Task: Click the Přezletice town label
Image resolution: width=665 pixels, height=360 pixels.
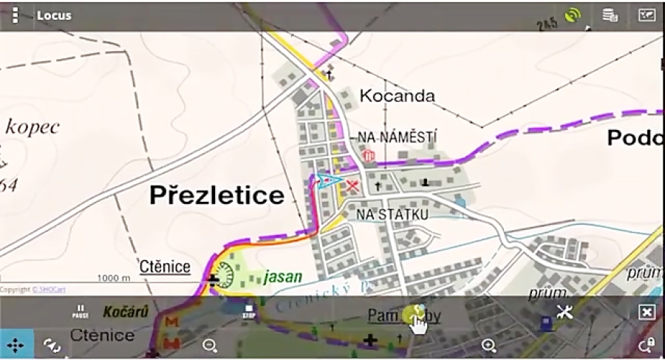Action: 216,195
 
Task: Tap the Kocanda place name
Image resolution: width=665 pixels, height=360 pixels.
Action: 397,95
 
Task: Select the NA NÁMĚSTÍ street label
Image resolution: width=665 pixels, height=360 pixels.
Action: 397,137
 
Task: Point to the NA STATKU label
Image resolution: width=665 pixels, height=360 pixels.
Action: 392,214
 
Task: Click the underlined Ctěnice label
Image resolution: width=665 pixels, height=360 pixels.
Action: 165,267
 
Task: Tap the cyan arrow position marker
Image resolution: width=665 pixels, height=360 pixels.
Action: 326,180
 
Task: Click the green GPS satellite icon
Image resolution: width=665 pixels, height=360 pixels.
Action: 572,15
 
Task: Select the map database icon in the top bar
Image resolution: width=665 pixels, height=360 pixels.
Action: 610,15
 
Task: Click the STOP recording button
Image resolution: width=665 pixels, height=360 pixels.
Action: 249,311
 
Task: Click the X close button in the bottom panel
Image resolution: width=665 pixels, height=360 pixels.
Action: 647,312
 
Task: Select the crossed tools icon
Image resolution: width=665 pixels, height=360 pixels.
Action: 565,311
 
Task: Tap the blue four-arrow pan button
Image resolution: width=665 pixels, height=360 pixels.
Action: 16,344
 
